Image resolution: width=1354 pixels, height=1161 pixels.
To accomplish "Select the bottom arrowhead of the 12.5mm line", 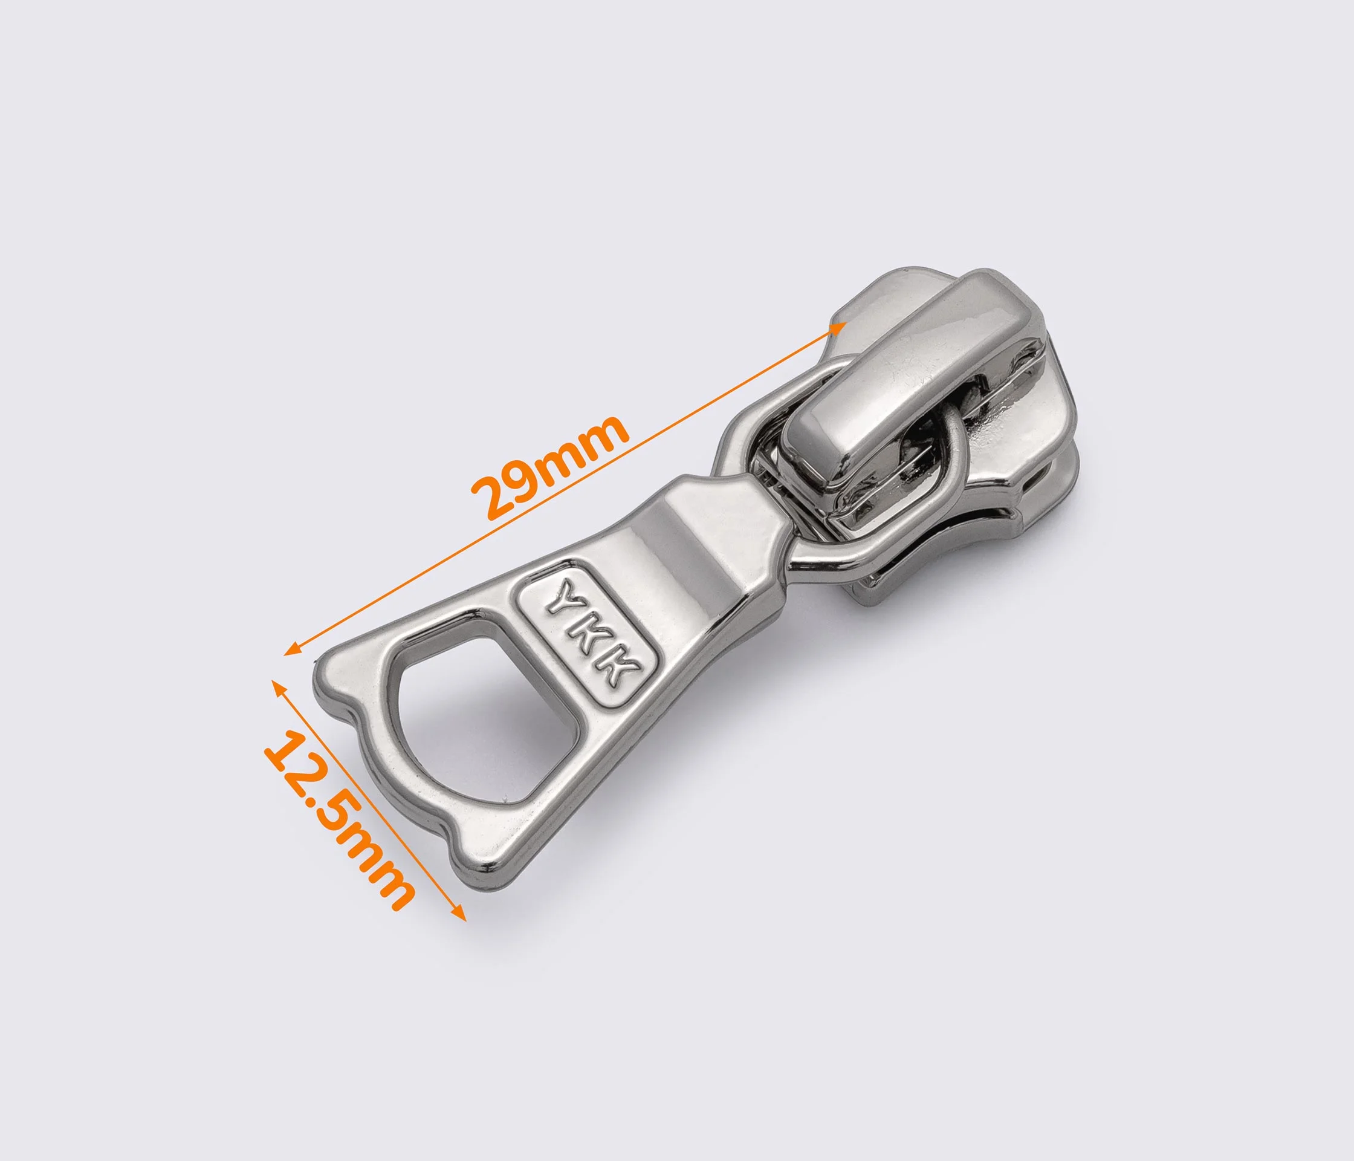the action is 459,912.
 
